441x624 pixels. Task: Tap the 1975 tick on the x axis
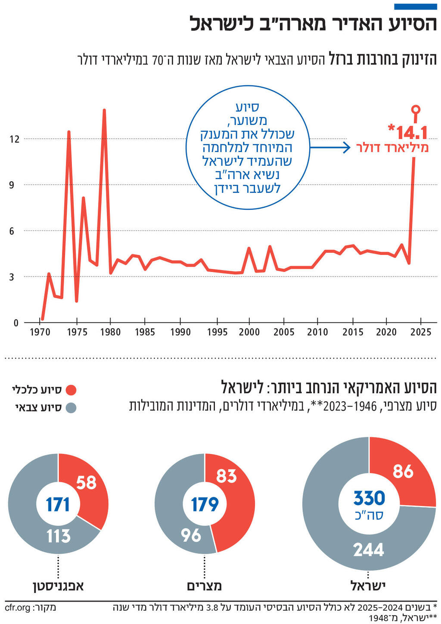pos(77,332)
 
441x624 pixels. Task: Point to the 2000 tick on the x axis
pos(249,332)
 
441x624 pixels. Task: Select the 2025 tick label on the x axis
pos(420,332)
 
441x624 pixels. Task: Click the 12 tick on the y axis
pos(15,139)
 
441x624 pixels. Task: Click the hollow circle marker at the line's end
pos(416,109)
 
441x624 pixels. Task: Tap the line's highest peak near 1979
pos(104,110)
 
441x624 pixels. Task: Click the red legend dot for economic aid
pos(71,390)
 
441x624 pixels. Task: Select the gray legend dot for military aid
pos(71,407)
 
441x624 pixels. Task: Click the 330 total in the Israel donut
pos(369,498)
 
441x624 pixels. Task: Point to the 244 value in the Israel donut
pos(369,549)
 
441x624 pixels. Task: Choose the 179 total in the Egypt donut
pos(205,504)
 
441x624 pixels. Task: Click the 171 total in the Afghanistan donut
pos(58,504)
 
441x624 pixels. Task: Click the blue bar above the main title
pos(416,6)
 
